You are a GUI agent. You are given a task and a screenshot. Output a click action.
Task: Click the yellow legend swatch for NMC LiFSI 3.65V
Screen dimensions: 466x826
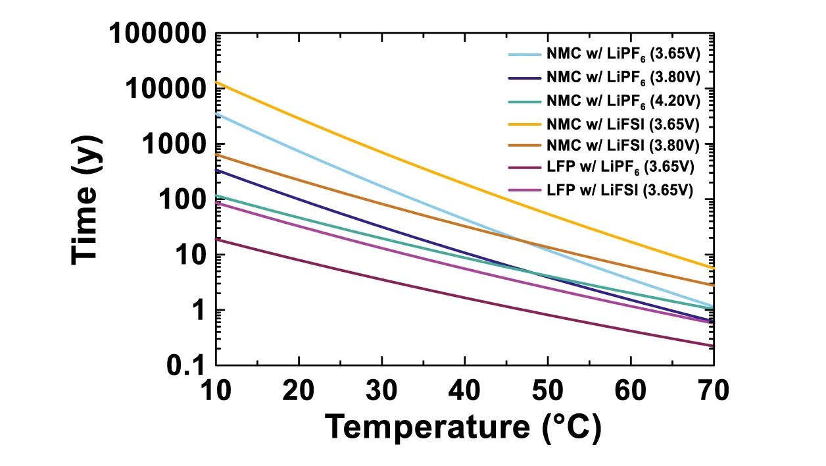523,123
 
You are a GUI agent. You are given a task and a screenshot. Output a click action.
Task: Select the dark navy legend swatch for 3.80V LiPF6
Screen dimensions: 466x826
523,76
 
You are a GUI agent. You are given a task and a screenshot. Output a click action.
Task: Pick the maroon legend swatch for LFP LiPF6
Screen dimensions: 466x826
523,168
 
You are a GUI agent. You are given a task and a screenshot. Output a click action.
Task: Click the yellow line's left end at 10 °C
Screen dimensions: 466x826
217,82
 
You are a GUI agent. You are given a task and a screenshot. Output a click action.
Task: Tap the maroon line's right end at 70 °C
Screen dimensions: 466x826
714,346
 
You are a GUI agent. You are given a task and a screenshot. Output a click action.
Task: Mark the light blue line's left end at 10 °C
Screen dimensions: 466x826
217,114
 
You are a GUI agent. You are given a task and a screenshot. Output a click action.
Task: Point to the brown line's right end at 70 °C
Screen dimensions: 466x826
714,285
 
